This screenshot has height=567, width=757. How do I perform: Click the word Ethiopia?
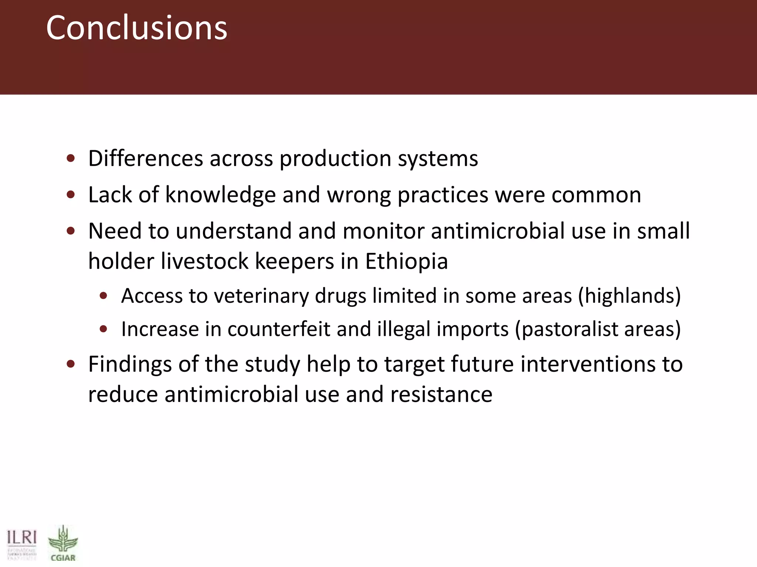click(406, 261)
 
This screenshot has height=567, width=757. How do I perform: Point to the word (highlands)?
click(629, 296)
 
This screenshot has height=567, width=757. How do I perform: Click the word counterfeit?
click(279, 329)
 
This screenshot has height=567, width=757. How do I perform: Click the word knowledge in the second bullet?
click(220, 195)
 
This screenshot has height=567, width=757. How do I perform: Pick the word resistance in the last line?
click(441, 394)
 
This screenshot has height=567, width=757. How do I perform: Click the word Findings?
click(130, 364)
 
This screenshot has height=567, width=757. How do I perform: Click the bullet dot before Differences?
click(71, 159)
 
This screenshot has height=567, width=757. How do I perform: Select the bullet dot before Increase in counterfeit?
click(103, 329)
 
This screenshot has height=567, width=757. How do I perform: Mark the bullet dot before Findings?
click(71, 364)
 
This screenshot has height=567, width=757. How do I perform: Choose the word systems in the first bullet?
click(438, 159)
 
